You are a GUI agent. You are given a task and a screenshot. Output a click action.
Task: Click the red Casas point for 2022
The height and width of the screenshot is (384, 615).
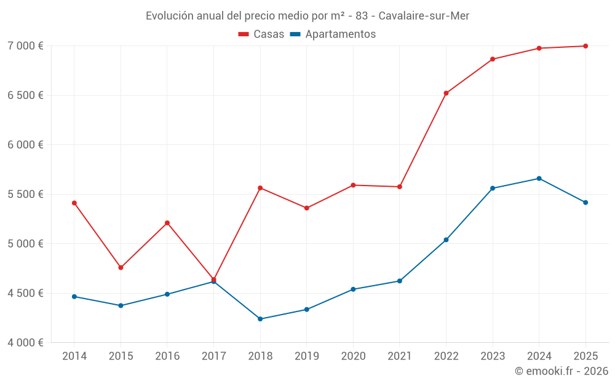(446, 93)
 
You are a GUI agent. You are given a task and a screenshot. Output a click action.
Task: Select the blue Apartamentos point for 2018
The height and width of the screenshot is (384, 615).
(260, 319)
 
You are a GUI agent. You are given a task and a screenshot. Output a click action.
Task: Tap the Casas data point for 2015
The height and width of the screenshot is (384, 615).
(121, 268)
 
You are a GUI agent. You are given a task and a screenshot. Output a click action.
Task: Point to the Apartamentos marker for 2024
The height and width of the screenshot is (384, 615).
(539, 179)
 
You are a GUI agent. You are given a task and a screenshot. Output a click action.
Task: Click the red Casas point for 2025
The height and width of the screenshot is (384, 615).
(585, 46)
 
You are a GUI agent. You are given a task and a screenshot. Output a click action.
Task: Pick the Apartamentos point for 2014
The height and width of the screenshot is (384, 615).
(74, 297)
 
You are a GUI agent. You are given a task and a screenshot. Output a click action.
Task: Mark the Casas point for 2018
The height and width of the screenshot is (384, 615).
(260, 188)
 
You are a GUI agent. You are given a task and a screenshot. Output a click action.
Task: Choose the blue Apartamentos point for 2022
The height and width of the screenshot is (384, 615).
(446, 240)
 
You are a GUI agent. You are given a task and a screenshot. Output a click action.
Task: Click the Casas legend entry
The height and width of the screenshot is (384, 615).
(261, 34)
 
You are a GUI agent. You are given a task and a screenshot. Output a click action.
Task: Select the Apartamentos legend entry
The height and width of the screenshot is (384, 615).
(333, 34)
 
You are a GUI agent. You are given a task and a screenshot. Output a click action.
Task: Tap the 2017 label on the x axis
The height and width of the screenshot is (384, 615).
(213, 356)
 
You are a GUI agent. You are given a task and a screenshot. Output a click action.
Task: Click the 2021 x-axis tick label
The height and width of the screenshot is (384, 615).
(399, 356)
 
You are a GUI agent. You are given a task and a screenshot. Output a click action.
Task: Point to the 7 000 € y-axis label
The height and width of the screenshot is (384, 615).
(25, 46)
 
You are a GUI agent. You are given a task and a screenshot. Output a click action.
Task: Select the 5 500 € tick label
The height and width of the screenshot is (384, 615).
(25, 194)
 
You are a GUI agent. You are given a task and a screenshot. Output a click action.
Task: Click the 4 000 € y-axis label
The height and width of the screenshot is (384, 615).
(25, 342)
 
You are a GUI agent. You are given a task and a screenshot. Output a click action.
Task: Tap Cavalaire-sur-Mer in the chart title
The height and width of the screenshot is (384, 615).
(424, 16)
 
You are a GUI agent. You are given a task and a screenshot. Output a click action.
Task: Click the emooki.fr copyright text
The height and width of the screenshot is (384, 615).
(561, 371)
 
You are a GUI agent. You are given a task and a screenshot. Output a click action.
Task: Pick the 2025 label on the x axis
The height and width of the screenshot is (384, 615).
(585, 356)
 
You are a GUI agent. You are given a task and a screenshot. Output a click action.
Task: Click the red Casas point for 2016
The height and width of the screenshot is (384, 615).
(167, 223)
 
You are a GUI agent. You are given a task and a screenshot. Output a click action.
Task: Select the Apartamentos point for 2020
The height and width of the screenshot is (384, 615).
(353, 289)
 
